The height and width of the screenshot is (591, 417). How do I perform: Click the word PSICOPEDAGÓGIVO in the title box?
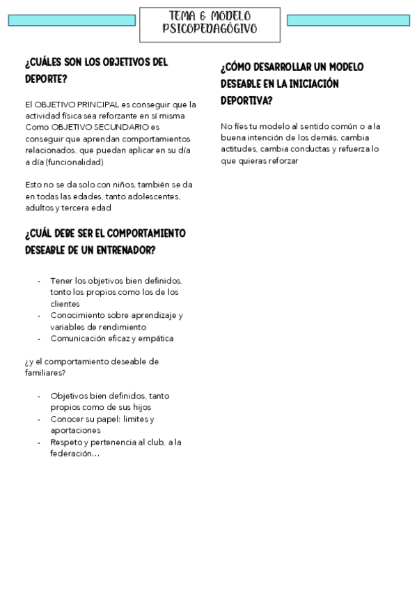pos(210,29)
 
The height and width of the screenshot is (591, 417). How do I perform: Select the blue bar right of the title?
pos(347,20)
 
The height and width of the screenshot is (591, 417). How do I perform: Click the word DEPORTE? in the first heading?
pos(46,79)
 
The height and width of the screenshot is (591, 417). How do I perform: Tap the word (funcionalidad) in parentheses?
pos(75,162)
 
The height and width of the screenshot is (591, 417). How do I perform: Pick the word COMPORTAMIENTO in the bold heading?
pos(142,233)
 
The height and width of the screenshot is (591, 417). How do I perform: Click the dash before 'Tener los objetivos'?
pos(38,280)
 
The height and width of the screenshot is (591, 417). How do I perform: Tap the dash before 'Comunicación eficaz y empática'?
pos(38,339)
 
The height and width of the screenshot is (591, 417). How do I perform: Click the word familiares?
pos(45,373)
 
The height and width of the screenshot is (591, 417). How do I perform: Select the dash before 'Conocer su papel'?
pos(38,419)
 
